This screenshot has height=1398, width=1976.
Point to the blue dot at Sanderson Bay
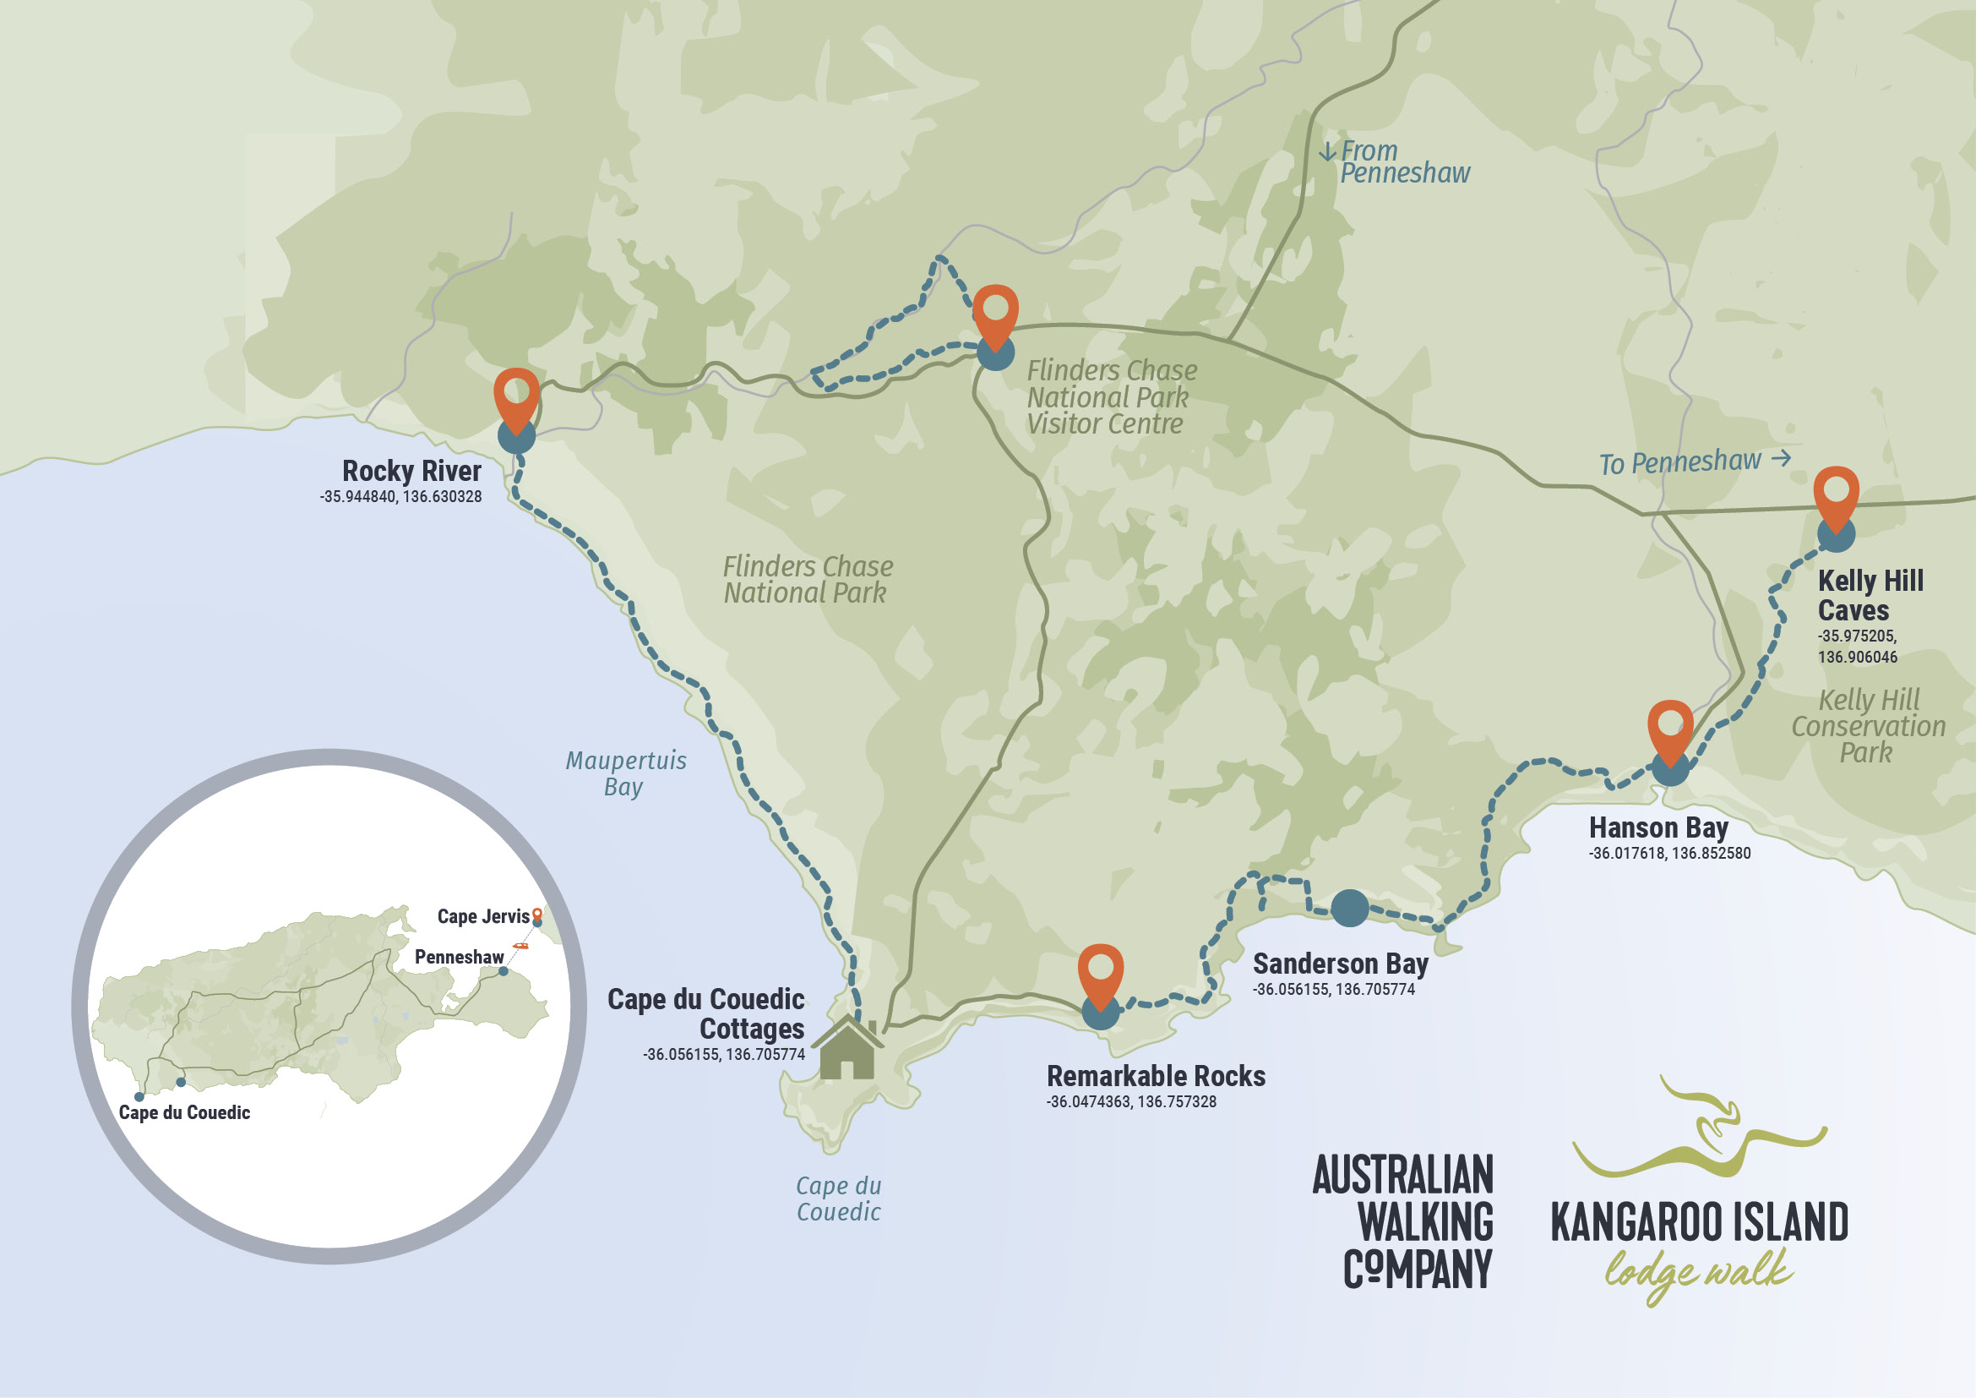(1349, 908)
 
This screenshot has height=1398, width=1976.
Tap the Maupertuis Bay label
(626, 773)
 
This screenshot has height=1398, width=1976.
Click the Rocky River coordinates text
(401, 497)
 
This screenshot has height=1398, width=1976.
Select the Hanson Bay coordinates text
(1668, 853)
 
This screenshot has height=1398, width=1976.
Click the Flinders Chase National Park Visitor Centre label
(1110, 397)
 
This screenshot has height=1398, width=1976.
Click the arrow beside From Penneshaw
(1327, 152)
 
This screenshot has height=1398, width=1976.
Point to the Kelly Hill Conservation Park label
(1868, 726)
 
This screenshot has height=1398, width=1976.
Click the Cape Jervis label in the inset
(483, 916)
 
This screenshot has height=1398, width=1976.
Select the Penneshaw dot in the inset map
(504, 971)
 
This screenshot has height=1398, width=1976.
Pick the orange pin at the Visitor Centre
(996, 312)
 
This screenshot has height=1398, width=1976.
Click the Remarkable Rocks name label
(1155, 1076)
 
